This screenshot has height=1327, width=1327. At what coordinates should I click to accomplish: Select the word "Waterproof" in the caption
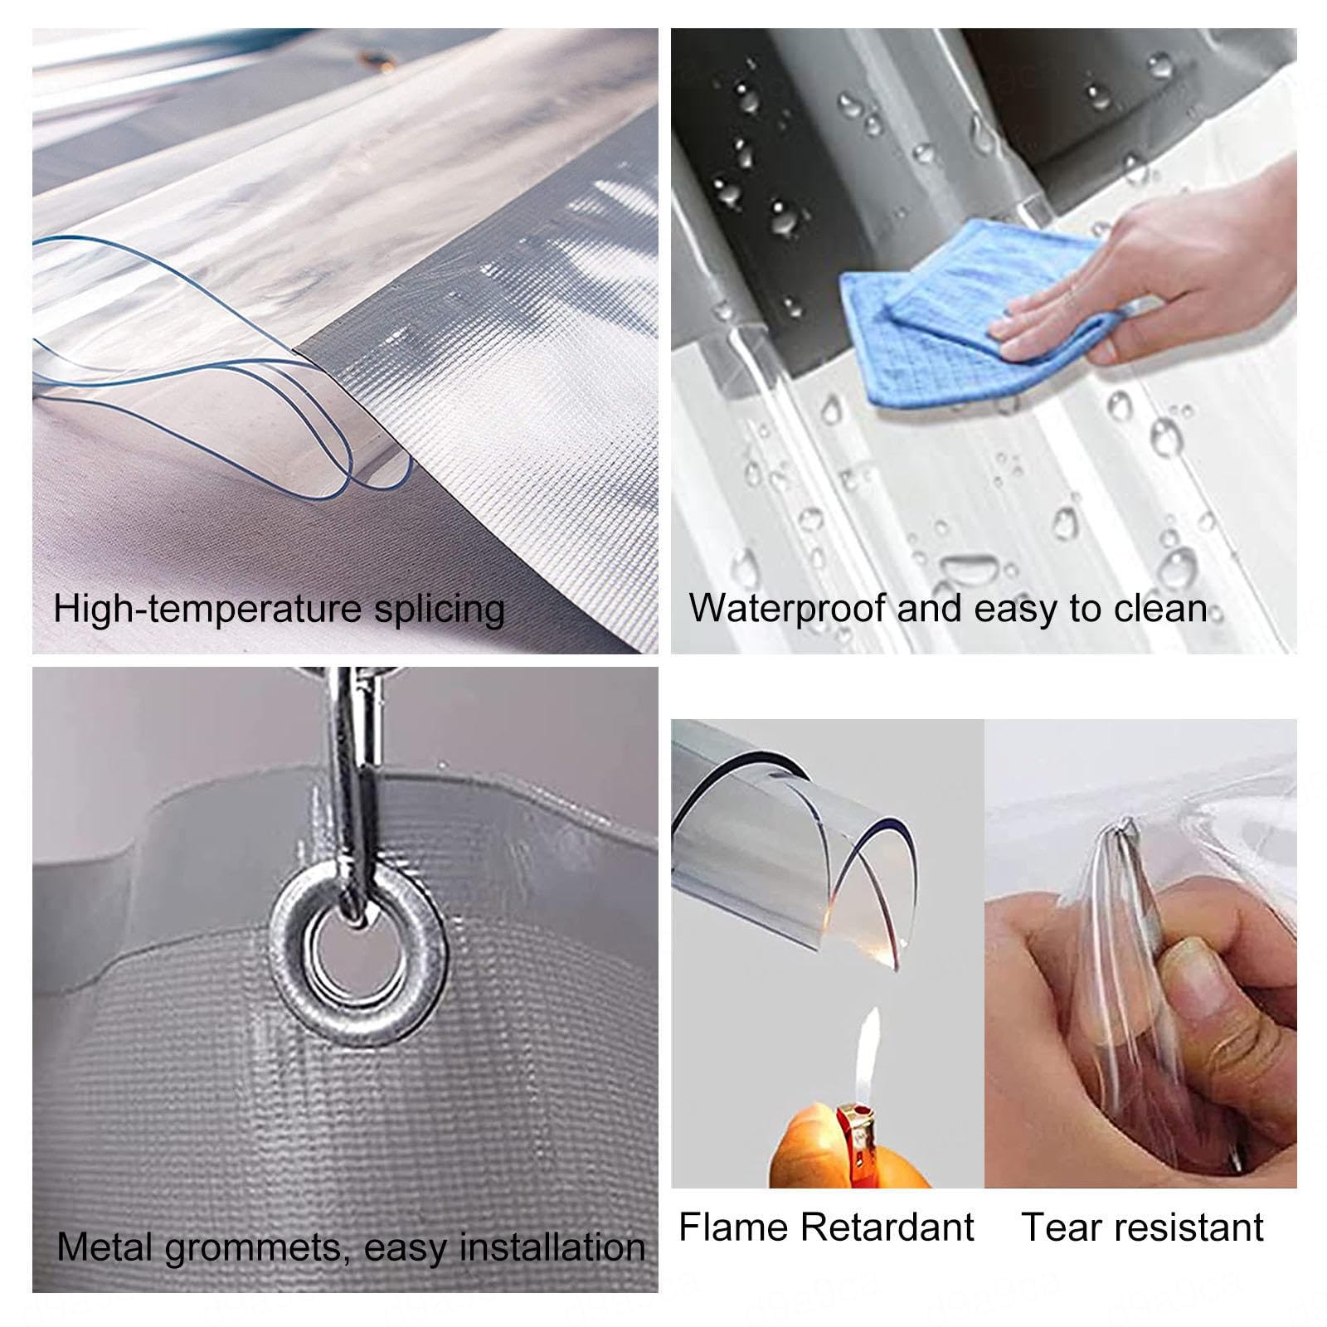click(x=788, y=609)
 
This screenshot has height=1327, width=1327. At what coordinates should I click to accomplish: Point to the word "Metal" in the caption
click(x=105, y=1247)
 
